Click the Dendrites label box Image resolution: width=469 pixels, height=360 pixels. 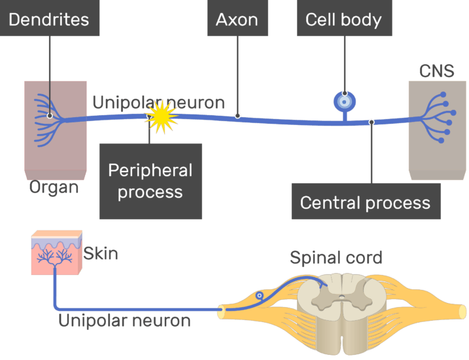click(x=49, y=19)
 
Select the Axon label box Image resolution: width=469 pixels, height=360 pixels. click(x=237, y=19)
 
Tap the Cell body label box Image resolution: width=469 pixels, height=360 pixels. click(x=343, y=19)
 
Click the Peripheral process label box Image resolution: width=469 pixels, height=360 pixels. click(x=150, y=181)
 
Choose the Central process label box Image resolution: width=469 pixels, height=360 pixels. click(x=365, y=202)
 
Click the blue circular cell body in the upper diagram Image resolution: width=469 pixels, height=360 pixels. click(x=345, y=101)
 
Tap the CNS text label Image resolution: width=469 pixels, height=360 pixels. click(x=436, y=71)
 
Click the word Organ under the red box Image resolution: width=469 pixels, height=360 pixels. click(x=54, y=187)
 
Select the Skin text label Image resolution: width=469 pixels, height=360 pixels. click(x=101, y=253)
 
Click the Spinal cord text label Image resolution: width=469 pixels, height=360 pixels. click(x=336, y=257)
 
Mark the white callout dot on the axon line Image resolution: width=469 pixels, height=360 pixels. click(x=237, y=116)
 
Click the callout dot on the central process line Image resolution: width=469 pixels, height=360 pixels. click(x=372, y=122)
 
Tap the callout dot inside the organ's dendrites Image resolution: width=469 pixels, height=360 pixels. click(x=50, y=116)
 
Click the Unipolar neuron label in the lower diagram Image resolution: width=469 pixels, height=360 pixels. click(x=124, y=321)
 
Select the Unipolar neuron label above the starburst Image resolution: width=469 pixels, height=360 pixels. click(x=158, y=103)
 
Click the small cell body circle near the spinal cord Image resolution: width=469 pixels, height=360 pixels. click(x=260, y=296)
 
